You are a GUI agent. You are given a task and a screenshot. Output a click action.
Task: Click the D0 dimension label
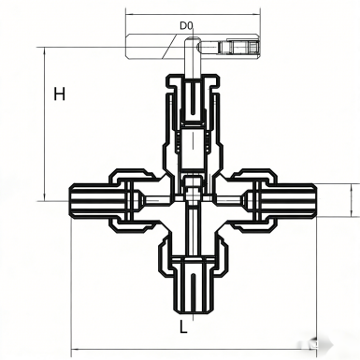(187, 25)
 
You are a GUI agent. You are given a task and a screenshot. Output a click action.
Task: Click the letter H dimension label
(60, 94)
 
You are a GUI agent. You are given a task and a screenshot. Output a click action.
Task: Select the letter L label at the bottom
(183, 326)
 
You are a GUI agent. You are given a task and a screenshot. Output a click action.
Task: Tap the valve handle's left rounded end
(128, 47)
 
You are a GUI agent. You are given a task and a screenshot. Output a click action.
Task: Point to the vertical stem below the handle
(192, 58)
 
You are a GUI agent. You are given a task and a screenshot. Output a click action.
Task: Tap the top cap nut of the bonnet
(193, 81)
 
